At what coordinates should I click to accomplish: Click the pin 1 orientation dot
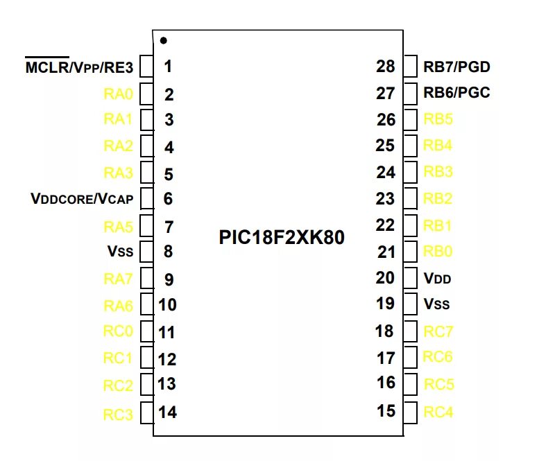tap(163, 40)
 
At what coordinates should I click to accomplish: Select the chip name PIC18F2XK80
tap(282, 238)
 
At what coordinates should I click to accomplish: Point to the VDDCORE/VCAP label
tap(82, 199)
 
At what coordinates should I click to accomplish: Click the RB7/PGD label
tap(456, 67)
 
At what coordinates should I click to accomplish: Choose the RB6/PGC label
tap(456, 93)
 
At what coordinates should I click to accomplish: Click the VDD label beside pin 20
tap(437, 279)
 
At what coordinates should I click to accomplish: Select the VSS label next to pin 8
tap(120, 252)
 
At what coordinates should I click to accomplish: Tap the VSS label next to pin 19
tap(437, 304)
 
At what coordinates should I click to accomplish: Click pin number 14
tap(167, 412)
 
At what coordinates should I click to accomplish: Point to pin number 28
tap(385, 67)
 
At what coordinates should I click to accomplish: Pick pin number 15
tap(386, 411)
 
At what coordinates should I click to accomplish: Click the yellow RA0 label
tap(118, 94)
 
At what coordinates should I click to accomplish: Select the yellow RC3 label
tap(118, 415)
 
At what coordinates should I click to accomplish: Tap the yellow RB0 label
tap(438, 252)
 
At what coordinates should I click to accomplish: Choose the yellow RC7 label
tap(438, 331)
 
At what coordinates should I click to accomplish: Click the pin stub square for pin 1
tap(146, 67)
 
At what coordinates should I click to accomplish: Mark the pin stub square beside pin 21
tap(411, 251)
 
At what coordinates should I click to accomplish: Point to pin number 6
tap(168, 199)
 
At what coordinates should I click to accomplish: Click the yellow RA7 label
tap(118, 279)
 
